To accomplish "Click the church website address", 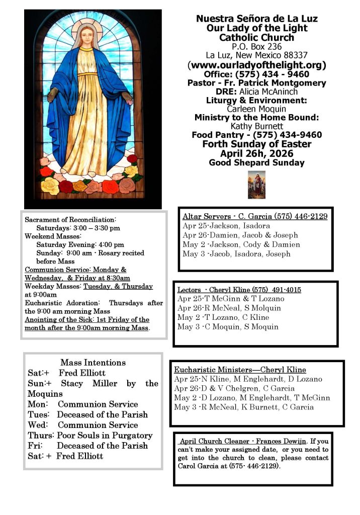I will click(x=256, y=65).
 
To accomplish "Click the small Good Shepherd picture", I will click(x=256, y=185).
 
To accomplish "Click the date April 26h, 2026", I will click(x=256, y=153).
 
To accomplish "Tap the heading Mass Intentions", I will click(x=93, y=362).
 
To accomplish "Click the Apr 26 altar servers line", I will click(x=240, y=235).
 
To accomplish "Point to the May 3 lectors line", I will click(x=227, y=326).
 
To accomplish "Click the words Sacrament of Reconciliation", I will click(x=70, y=220).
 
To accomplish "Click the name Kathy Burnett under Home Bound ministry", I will click(x=256, y=126).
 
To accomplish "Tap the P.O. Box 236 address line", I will click(x=256, y=46).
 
